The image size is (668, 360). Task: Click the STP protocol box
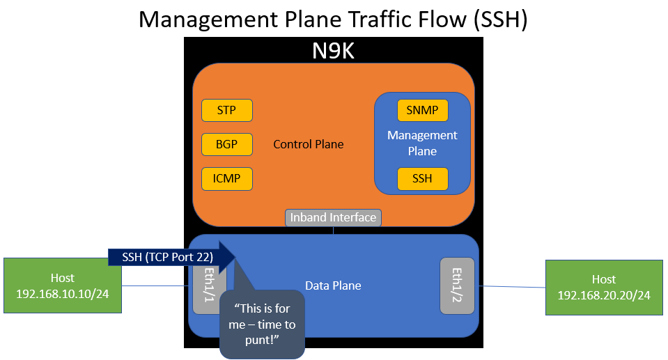click(226, 110)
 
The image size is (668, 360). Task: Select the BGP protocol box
click(226, 144)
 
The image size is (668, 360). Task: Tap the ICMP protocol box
click(226, 178)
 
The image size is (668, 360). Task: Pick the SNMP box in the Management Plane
click(422, 110)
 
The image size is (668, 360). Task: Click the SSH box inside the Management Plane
click(422, 178)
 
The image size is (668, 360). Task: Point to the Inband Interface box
click(334, 217)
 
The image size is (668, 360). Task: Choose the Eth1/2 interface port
click(457, 285)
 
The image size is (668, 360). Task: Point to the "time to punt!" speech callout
click(263, 324)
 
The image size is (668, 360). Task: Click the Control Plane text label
click(309, 144)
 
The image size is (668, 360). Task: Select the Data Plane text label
click(333, 285)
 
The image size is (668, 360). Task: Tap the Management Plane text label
click(422, 143)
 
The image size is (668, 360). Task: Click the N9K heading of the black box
click(333, 50)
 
